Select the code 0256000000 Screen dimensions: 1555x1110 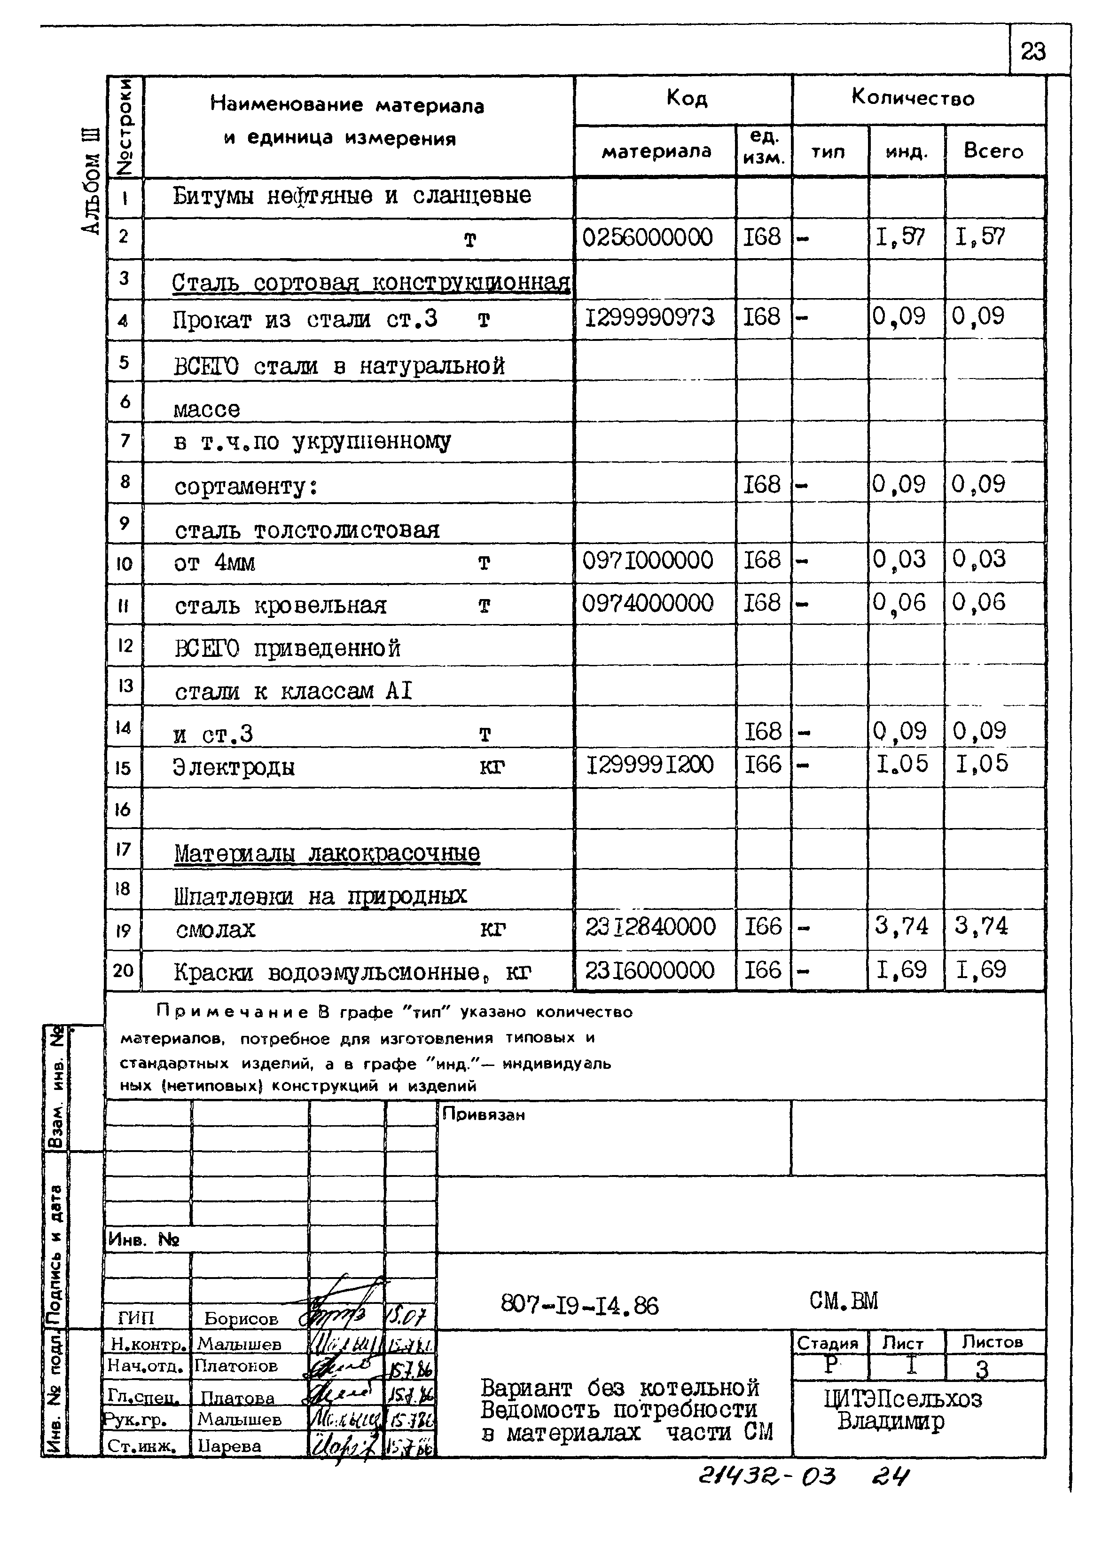pos(647,238)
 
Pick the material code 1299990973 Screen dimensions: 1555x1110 pos(649,317)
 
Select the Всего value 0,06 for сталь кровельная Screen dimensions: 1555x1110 pos(979,602)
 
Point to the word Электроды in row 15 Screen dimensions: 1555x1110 pos(234,767)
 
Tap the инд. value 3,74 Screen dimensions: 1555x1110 pos(901,927)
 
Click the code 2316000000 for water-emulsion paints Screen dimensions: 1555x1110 pos(649,971)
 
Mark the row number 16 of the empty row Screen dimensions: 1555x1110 pos(123,810)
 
